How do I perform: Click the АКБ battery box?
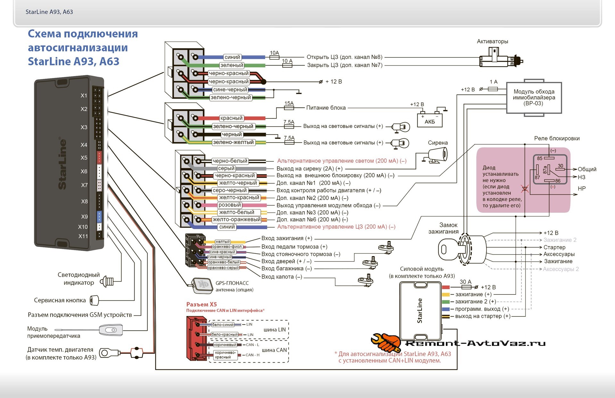coord(430,121)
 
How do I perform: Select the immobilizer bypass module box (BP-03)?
coord(534,97)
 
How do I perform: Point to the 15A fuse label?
coord(289,103)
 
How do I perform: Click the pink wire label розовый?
coord(229,205)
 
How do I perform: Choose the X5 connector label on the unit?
coord(84,158)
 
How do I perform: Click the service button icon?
coord(94,300)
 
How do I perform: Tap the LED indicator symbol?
coord(108,282)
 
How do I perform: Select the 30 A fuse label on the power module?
coord(465,282)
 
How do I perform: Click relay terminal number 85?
coord(540,158)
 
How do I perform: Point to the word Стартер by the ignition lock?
coord(554,247)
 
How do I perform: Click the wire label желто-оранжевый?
coord(237,220)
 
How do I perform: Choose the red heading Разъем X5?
coord(201,304)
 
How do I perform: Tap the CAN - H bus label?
coord(252,355)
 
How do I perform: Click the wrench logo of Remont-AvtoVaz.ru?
coord(386,343)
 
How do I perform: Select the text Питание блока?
coord(326,108)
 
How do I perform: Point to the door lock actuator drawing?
coord(500,59)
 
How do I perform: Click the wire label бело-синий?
coord(223,325)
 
